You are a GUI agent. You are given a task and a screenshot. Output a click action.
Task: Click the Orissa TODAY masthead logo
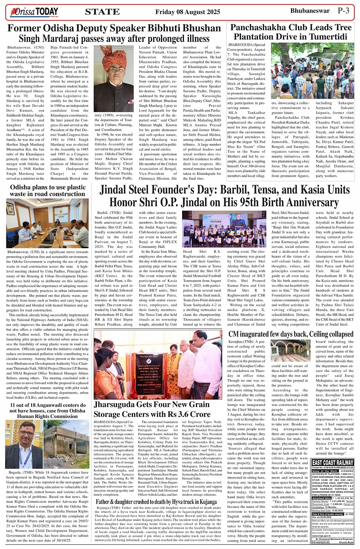coord(34,12)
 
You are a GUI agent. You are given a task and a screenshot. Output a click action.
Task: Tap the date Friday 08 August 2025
coord(187,12)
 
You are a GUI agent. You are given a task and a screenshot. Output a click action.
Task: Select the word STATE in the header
coord(102,12)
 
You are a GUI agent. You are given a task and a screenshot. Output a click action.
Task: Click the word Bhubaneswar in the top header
coord(310,11)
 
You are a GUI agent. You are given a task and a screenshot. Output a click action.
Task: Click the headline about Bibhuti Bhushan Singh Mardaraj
coord(114,33)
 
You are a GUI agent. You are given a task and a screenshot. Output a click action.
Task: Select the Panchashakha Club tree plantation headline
coord(291,32)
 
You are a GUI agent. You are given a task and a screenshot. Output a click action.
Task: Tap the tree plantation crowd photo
coord(312,70)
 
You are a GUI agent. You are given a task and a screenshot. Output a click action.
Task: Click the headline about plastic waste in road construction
coord(48,190)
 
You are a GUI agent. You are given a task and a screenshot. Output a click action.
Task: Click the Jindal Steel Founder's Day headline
coord(224,195)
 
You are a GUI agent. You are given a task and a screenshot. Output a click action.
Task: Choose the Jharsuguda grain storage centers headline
coord(152,409)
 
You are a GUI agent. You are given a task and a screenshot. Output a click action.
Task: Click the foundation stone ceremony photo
coord(158,365)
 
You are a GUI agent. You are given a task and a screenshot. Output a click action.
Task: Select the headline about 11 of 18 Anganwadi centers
coord(48,410)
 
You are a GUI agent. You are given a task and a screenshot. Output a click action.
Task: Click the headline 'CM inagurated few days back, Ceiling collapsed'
coord(291,334)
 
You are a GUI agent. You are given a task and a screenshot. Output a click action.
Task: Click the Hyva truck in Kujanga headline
coord(156,502)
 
